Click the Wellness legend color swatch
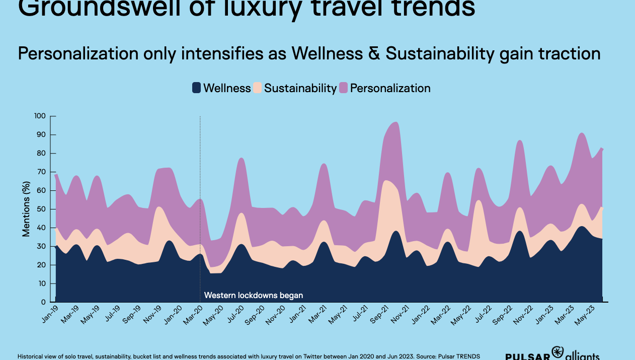click(x=197, y=88)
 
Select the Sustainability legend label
click(x=300, y=88)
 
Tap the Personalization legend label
click(x=390, y=88)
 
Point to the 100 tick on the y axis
click(x=40, y=116)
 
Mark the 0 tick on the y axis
click(x=43, y=302)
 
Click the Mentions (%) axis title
click(x=26, y=209)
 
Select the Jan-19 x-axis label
click(x=49, y=314)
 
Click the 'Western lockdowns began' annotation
click(x=254, y=296)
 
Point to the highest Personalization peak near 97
click(x=395, y=122)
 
